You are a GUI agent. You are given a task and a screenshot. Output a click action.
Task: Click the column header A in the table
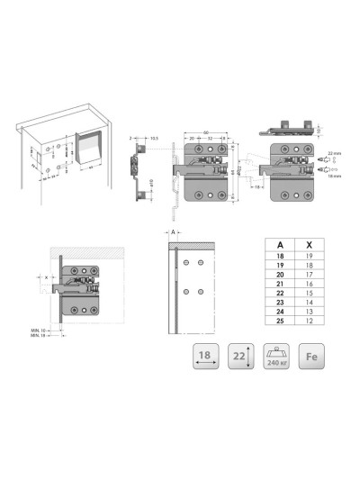coord(279,244)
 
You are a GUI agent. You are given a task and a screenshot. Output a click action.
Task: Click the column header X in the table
coord(310,244)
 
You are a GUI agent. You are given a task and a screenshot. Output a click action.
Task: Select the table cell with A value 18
coord(279,257)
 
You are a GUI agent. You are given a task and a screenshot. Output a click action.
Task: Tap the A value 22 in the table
coord(279,294)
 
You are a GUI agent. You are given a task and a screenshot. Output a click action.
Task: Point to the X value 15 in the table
coord(310,294)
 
